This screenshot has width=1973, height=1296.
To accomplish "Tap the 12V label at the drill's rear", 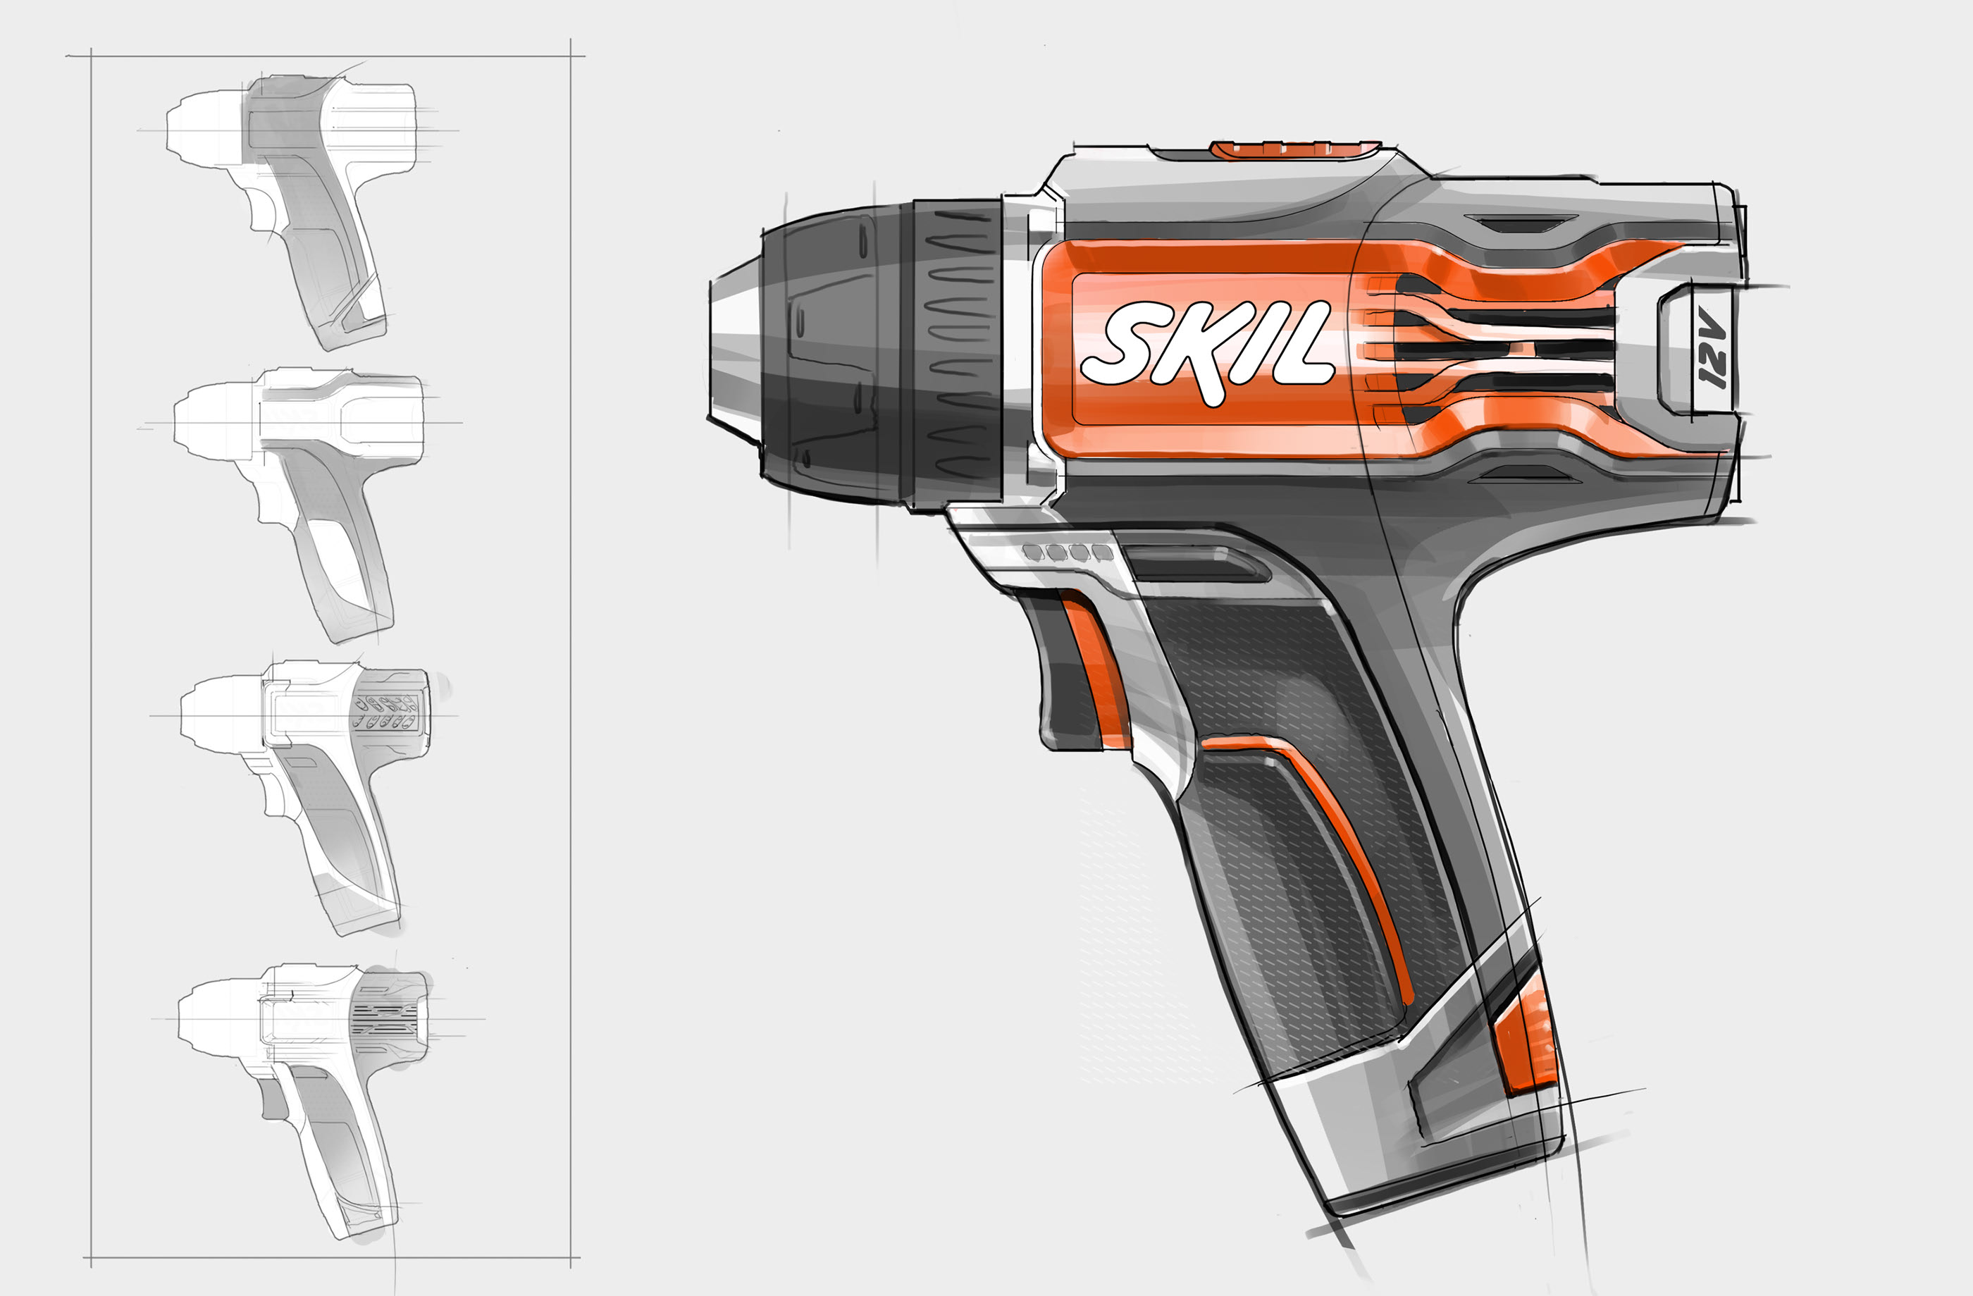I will (x=1711, y=348).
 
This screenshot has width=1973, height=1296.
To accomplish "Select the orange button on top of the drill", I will (x=1293, y=149).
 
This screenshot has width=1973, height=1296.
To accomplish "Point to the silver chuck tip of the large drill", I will (x=734, y=348).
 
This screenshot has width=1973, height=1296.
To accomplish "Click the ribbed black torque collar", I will (x=958, y=352).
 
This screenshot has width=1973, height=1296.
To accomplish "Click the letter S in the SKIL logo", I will (x=1119, y=344).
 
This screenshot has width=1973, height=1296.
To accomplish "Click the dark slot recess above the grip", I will (x=1194, y=564).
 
